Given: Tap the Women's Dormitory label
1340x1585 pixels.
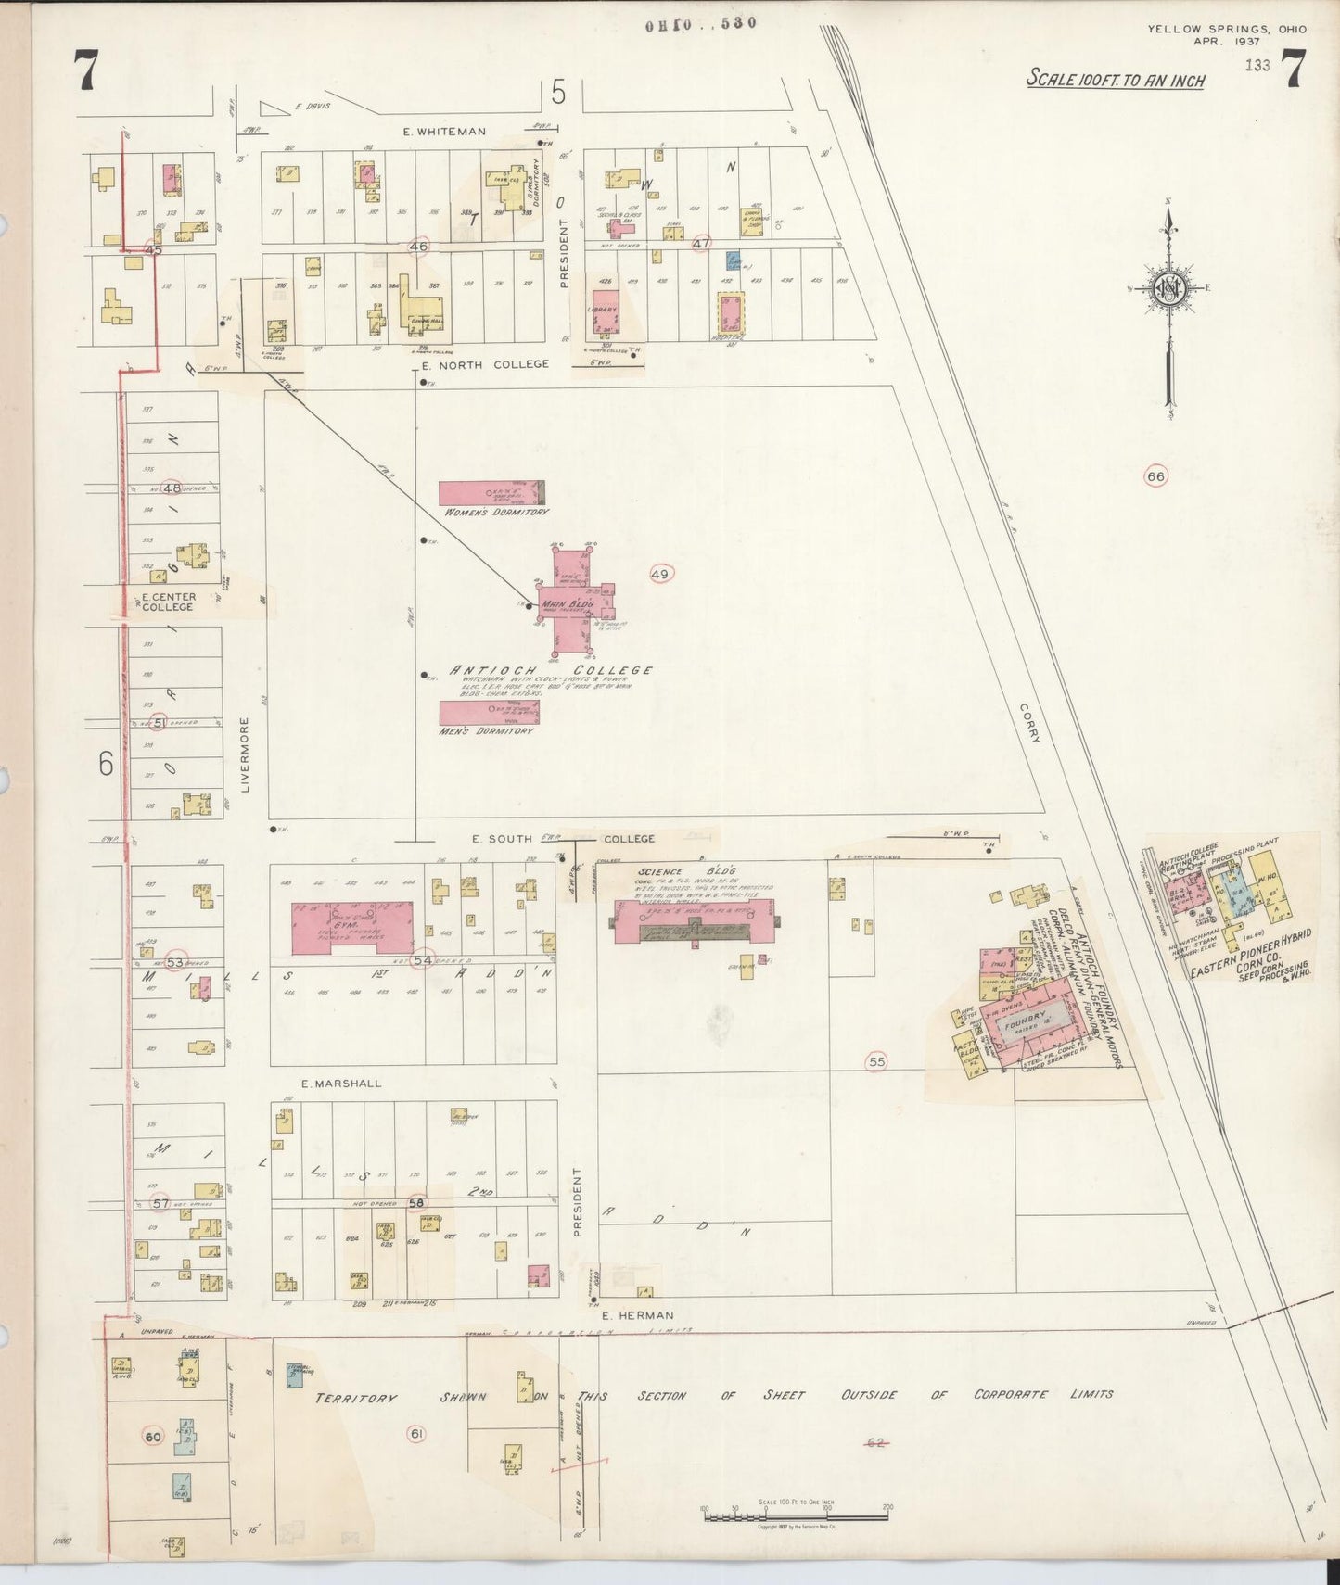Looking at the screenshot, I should click(496, 512).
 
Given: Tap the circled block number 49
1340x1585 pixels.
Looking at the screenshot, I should click(659, 575).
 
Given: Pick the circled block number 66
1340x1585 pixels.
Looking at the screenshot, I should click(1155, 476).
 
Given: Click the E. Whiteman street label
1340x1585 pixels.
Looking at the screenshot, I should click(444, 132).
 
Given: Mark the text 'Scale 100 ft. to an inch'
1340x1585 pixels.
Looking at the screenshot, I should click(1115, 80).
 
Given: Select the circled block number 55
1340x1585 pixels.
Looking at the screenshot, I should click(876, 1062).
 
